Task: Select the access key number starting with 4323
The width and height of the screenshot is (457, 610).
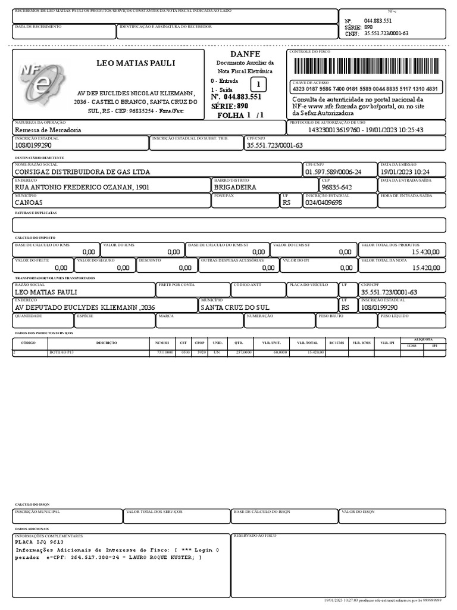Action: (365, 89)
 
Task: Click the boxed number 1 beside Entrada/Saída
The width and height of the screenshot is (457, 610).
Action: (258, 85)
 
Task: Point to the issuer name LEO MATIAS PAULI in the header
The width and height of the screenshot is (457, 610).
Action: (136, 63)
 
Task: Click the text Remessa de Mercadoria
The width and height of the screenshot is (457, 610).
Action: (48, 129)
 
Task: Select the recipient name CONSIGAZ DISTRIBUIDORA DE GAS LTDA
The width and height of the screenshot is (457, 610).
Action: (82, 172)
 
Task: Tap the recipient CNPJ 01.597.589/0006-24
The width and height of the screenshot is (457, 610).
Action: (333, 172)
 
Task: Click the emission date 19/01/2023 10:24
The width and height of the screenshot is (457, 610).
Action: (405, 172)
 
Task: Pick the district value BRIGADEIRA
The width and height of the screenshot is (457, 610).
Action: (234, 187)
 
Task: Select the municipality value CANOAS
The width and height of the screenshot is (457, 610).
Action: (29, 203)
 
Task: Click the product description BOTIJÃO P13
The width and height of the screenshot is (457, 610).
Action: (62, 353)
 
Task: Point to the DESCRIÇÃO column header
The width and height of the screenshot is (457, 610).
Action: (107, 343)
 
